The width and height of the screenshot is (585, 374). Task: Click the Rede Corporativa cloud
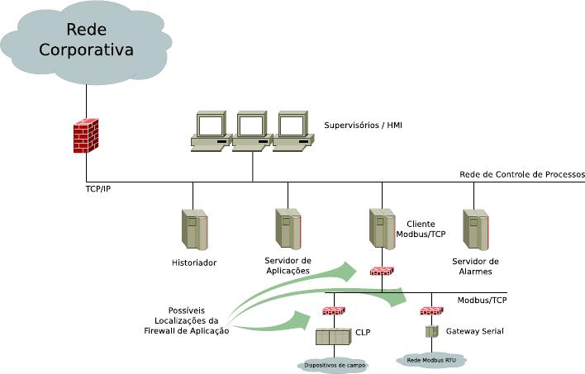(87, 41)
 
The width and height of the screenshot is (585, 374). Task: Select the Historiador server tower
(194, 230)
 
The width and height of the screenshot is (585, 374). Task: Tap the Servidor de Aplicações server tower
(288, 229)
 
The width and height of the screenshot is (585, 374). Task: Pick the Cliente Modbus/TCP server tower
(382, 229)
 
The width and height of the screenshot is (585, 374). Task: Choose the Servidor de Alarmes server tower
(475, 229)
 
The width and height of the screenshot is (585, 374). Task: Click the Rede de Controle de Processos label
(522, 174)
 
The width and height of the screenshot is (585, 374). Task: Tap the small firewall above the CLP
(333, 312)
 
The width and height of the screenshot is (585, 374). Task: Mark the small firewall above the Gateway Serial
(431, 311)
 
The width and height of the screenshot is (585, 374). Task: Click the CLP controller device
(334, 337)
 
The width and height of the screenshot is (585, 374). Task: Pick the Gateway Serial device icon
(431, 331)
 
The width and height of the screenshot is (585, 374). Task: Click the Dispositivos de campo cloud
(334, 363)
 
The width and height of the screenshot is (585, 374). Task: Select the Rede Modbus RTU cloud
(431, 359)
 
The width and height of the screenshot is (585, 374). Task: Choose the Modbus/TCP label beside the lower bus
(482, 300)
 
